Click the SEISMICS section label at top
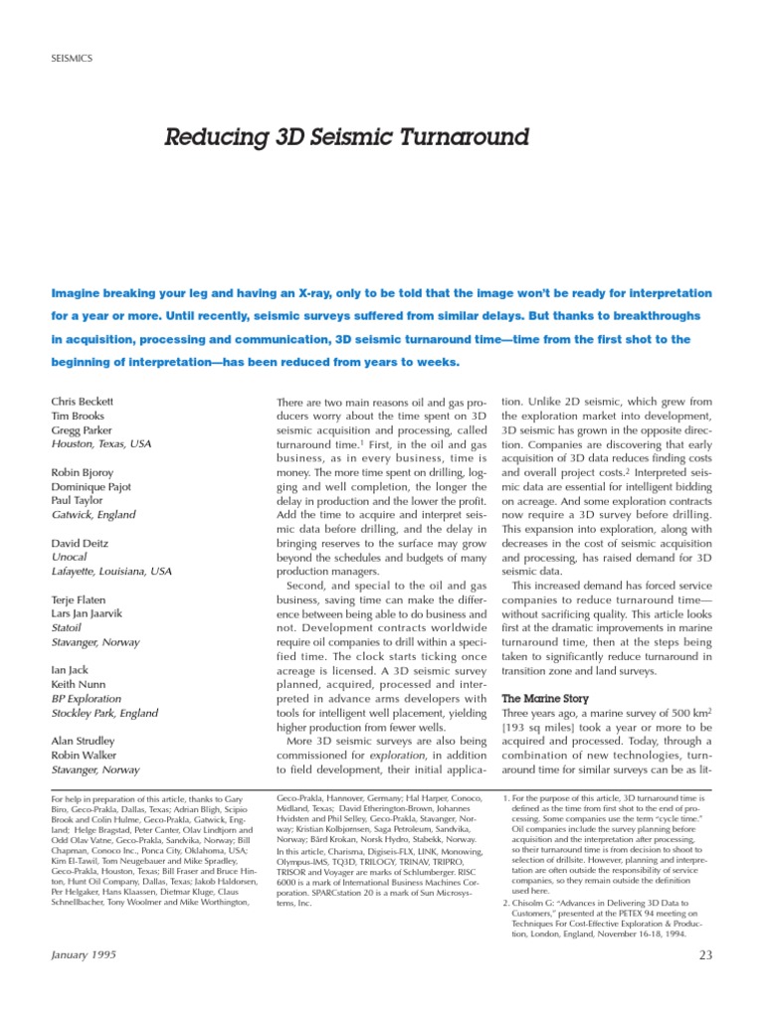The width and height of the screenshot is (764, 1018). pyautogui.click(x=71, y=59)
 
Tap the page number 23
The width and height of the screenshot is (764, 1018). pyautogui.click(x=705, y=955)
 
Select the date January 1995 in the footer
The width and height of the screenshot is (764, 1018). pyautogui.click(x=84, y=955)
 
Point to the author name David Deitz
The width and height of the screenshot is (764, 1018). pyautogui.click(x=81, y=544)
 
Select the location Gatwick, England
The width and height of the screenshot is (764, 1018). pyautogui.click(x=93, y=516)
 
